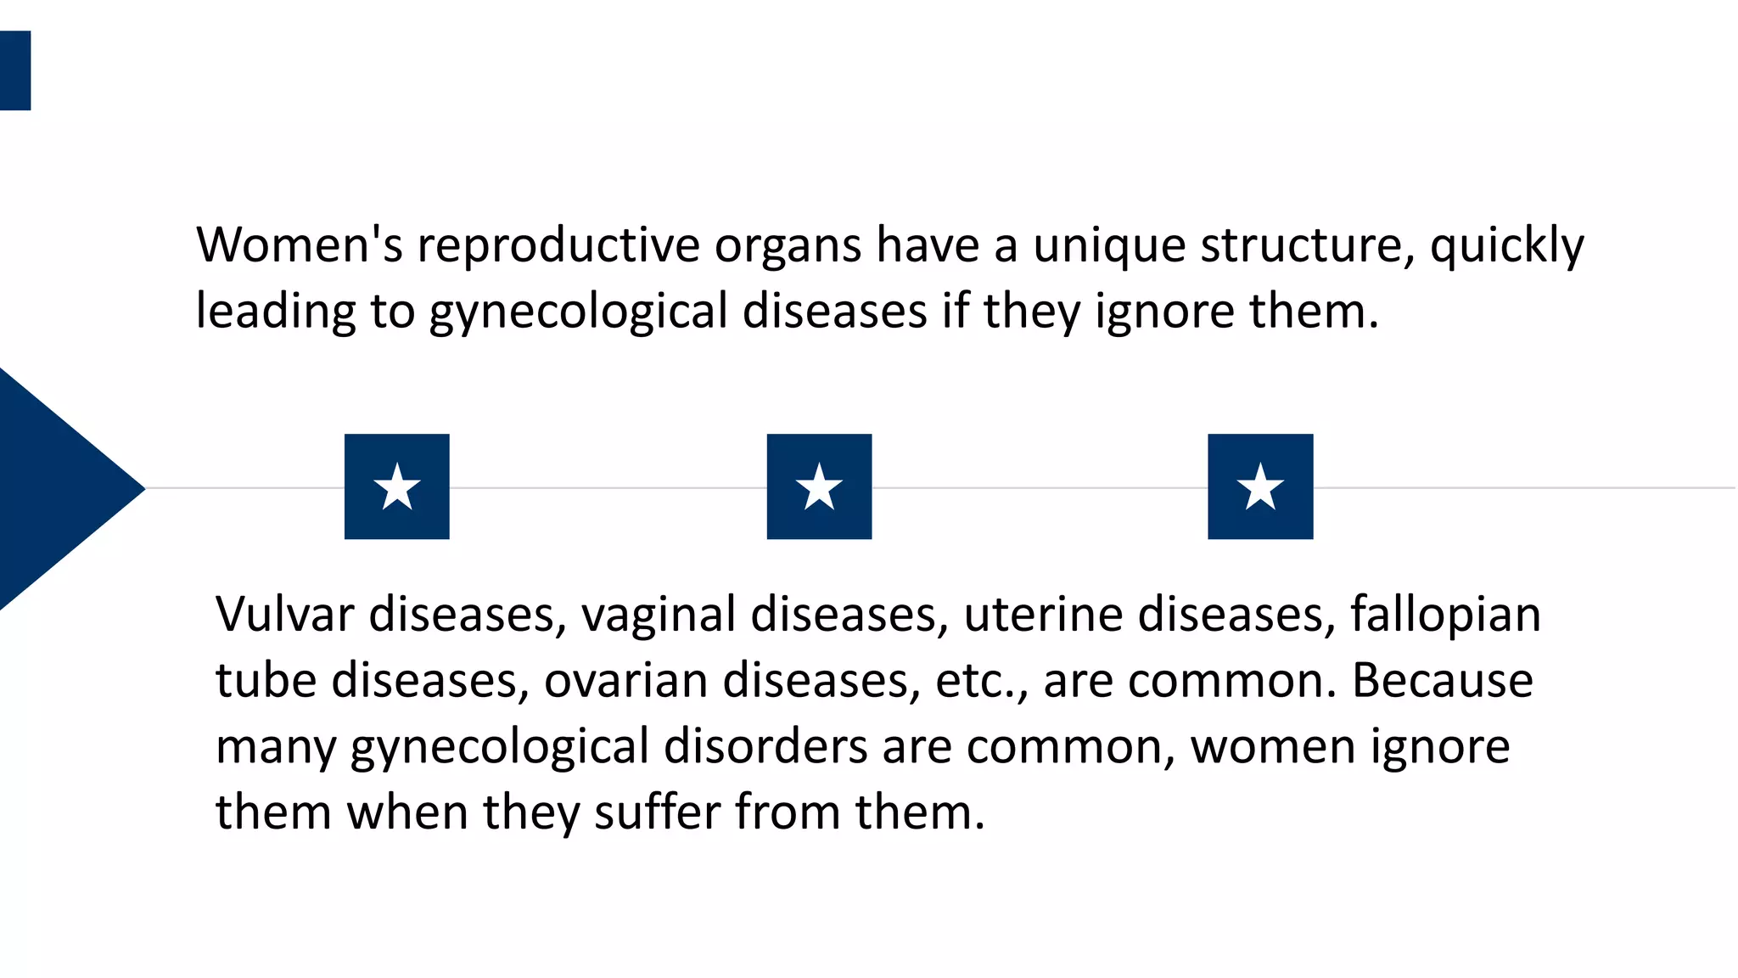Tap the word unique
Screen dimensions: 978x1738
tap(1108, 246)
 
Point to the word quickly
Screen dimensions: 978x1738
tap(1506, 246)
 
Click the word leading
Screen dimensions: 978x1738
tap(275, 312)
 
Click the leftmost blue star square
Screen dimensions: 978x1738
tap(396, 486)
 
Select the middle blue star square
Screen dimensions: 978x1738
tap(819, 486)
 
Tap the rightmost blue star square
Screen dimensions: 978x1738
tap(1260, 486)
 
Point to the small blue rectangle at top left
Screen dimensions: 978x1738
tap(14, 70)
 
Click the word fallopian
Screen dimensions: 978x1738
tap(1445, 615)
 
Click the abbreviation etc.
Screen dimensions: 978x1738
tap(979, 681)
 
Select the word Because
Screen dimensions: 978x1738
tap(1442, 681)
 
